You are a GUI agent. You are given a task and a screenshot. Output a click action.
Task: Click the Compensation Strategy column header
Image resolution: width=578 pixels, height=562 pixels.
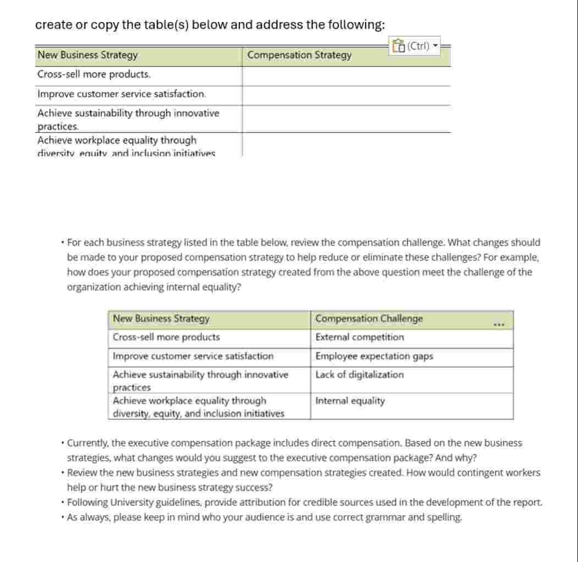pos(299,55)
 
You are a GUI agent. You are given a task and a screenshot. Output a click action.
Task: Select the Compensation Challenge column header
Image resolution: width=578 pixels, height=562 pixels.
pos(369,319)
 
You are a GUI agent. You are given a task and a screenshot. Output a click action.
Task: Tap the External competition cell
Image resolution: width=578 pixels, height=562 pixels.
pos(360,337)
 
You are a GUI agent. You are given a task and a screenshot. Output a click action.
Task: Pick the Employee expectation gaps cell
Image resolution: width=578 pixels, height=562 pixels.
pos(374,356)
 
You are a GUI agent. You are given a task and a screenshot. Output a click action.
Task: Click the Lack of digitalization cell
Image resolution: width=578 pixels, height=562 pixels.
pos(360,375)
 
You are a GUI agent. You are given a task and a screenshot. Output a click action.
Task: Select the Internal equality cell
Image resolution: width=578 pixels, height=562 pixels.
pos(350,401)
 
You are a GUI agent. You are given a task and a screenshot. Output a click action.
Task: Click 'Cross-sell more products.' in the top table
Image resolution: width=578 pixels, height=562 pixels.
pos(93,74)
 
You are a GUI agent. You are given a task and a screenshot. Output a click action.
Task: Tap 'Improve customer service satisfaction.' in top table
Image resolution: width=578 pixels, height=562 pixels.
pos(122,94)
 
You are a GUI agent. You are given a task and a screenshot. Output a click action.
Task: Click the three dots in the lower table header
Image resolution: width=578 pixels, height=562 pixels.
pos(499,324)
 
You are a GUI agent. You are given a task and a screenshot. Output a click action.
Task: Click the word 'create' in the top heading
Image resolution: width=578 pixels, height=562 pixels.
pos(53,25)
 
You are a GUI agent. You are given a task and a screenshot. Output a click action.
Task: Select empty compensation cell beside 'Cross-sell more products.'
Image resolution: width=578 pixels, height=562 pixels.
pos(346,75)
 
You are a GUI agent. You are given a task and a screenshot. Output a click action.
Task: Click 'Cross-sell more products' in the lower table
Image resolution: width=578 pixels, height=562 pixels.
pos(166,337)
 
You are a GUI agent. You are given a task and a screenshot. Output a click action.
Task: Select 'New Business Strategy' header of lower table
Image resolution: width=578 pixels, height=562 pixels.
pos(161,319)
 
